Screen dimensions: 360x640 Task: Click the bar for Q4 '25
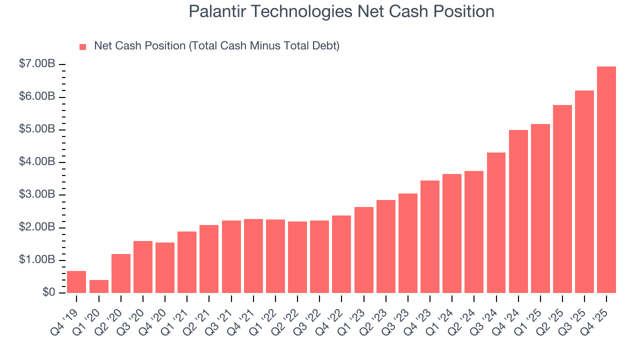[x=606, y=179]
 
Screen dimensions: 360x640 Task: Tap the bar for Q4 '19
[x=76, y=281]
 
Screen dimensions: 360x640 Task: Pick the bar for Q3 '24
[x=496, y=222]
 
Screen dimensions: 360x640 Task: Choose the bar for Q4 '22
[x=341, y=254]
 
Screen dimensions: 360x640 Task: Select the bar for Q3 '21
[x=231, y=256]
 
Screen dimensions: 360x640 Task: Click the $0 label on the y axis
[x=48, y=293]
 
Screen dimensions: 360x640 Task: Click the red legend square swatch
[x=83, y=46]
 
